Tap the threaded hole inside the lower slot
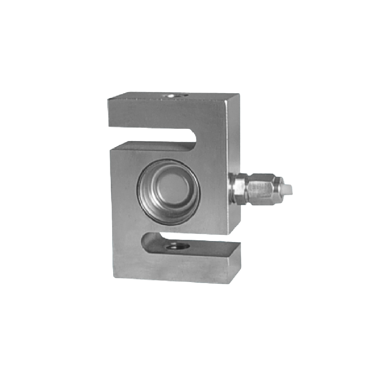point(177,246)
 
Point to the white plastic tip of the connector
point(288,190)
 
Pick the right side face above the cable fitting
point(233,139)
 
